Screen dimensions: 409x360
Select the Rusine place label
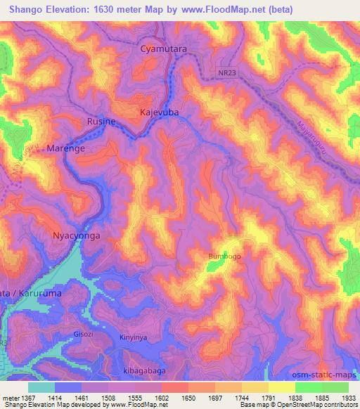[101, 122]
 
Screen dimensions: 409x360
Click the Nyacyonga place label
[77, 236]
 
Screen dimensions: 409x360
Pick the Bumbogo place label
[224, 257]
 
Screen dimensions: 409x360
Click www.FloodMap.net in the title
[221, 9]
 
